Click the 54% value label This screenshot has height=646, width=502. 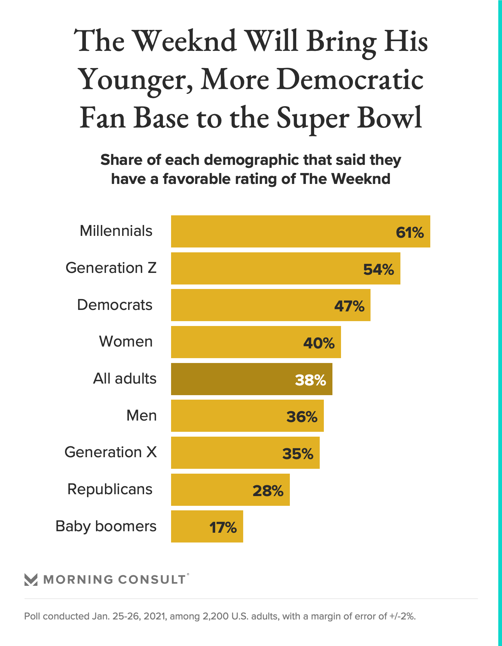(378, 270)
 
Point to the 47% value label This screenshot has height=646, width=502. (349, 307)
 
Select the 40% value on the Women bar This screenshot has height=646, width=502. (319, 343)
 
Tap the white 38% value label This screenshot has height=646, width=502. (310, 380)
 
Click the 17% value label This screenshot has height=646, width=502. (223, 527)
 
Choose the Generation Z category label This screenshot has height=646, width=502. (111, 268)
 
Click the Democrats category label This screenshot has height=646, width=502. (115, 305)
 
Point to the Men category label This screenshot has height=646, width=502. (142, 415)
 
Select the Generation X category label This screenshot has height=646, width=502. (111, 452)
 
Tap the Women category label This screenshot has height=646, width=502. (126, 342)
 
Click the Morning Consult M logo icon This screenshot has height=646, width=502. (31, 579)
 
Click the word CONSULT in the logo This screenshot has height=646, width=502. (152, 579)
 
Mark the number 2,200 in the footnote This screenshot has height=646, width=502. (215, 616)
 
